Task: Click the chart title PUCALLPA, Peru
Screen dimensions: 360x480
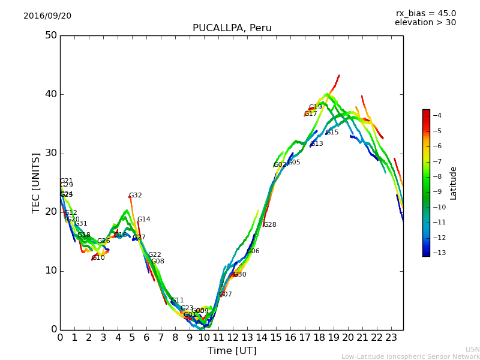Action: click(x=232, y=28)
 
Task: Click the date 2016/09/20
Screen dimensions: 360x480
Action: click(x=47, y=16)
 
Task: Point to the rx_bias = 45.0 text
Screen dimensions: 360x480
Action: click(x=425, y=13)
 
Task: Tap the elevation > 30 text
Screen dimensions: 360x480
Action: click(x=425, y=23)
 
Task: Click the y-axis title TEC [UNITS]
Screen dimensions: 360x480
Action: click(x=36, y=182)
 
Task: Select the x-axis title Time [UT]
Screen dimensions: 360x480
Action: click(x=232, y=351)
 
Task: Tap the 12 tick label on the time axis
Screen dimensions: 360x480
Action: click(x=233, y=337)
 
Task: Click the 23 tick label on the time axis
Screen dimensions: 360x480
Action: click(x=391, y=337)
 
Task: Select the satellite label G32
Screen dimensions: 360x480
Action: click(x=136, y=196)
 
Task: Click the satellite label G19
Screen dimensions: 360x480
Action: click(x=316, y=107)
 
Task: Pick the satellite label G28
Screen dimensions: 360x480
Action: click(x=270, y=225)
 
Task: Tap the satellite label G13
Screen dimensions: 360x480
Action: click(x=317, y=144)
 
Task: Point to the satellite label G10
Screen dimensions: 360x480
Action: click(x=98, y=258)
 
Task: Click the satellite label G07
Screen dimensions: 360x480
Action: click(x=226, y=295)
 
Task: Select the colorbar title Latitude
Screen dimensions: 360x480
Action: click(x=454, y=183)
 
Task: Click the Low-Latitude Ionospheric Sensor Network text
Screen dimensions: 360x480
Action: click(x=410, y=357)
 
